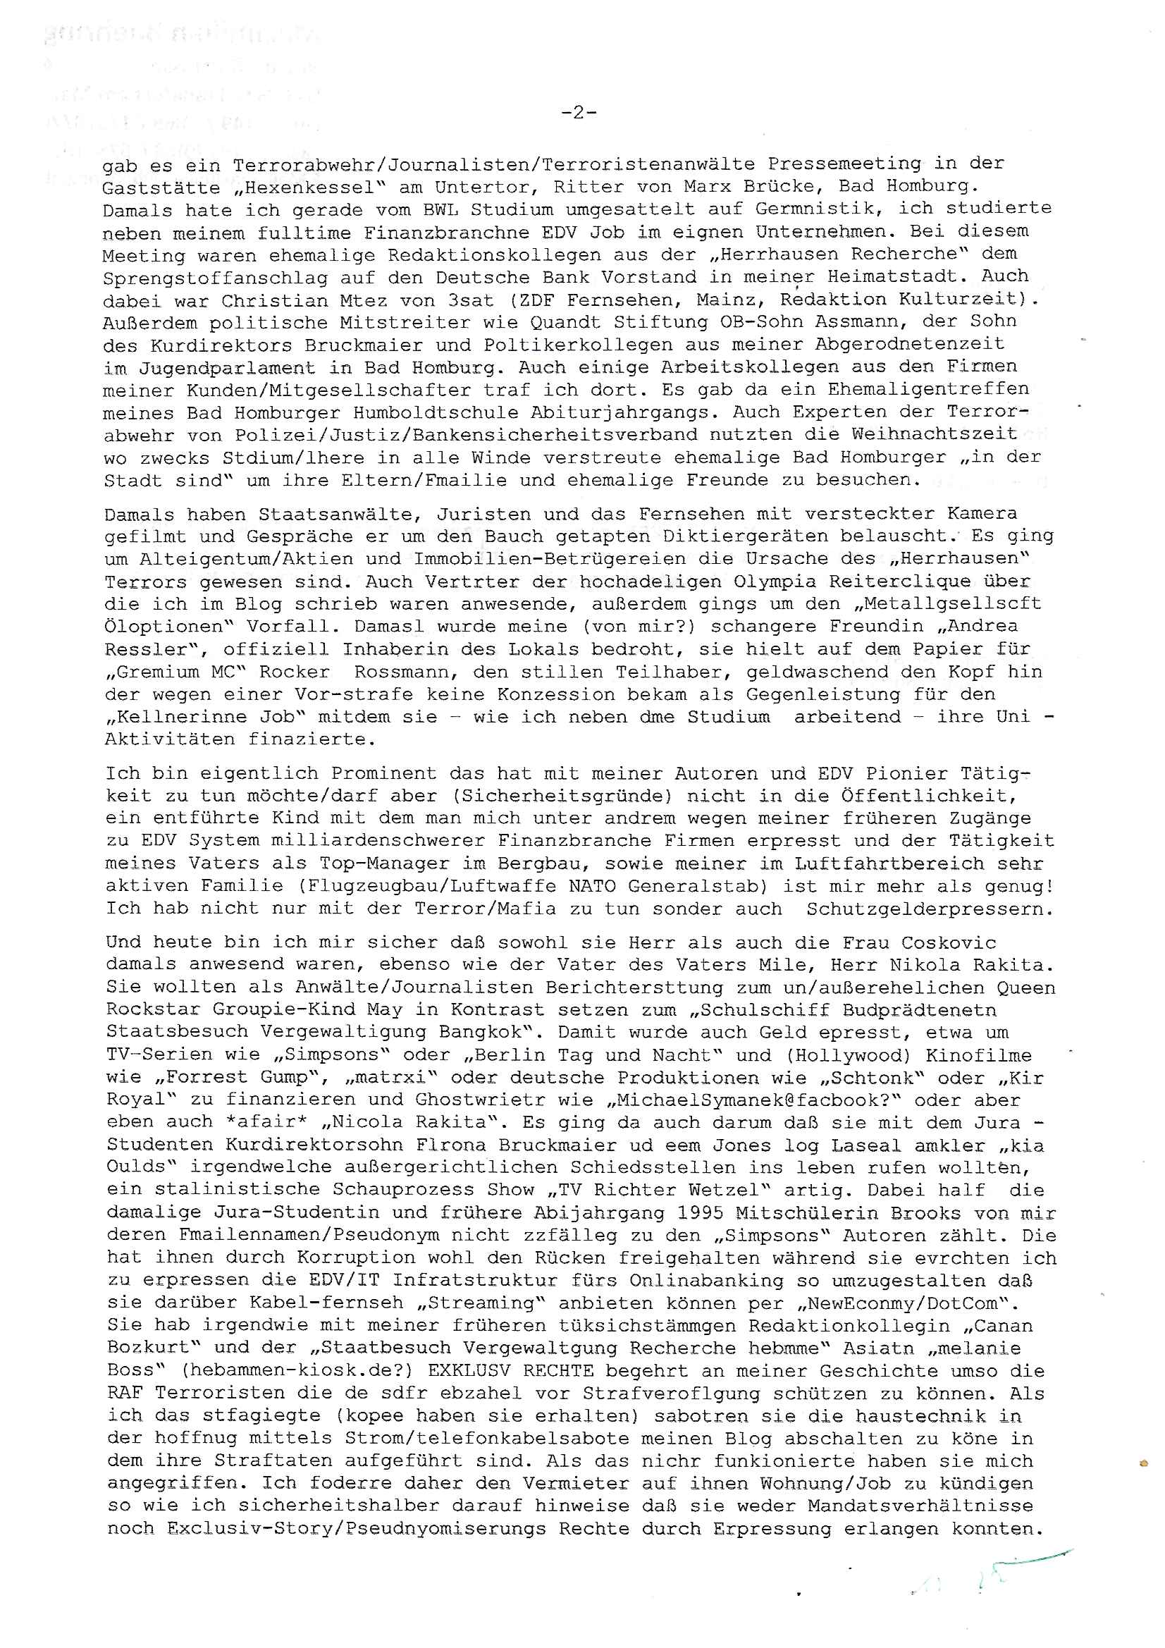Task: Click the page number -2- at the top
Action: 578,113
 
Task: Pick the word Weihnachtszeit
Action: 934,434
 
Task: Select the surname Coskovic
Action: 948,942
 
